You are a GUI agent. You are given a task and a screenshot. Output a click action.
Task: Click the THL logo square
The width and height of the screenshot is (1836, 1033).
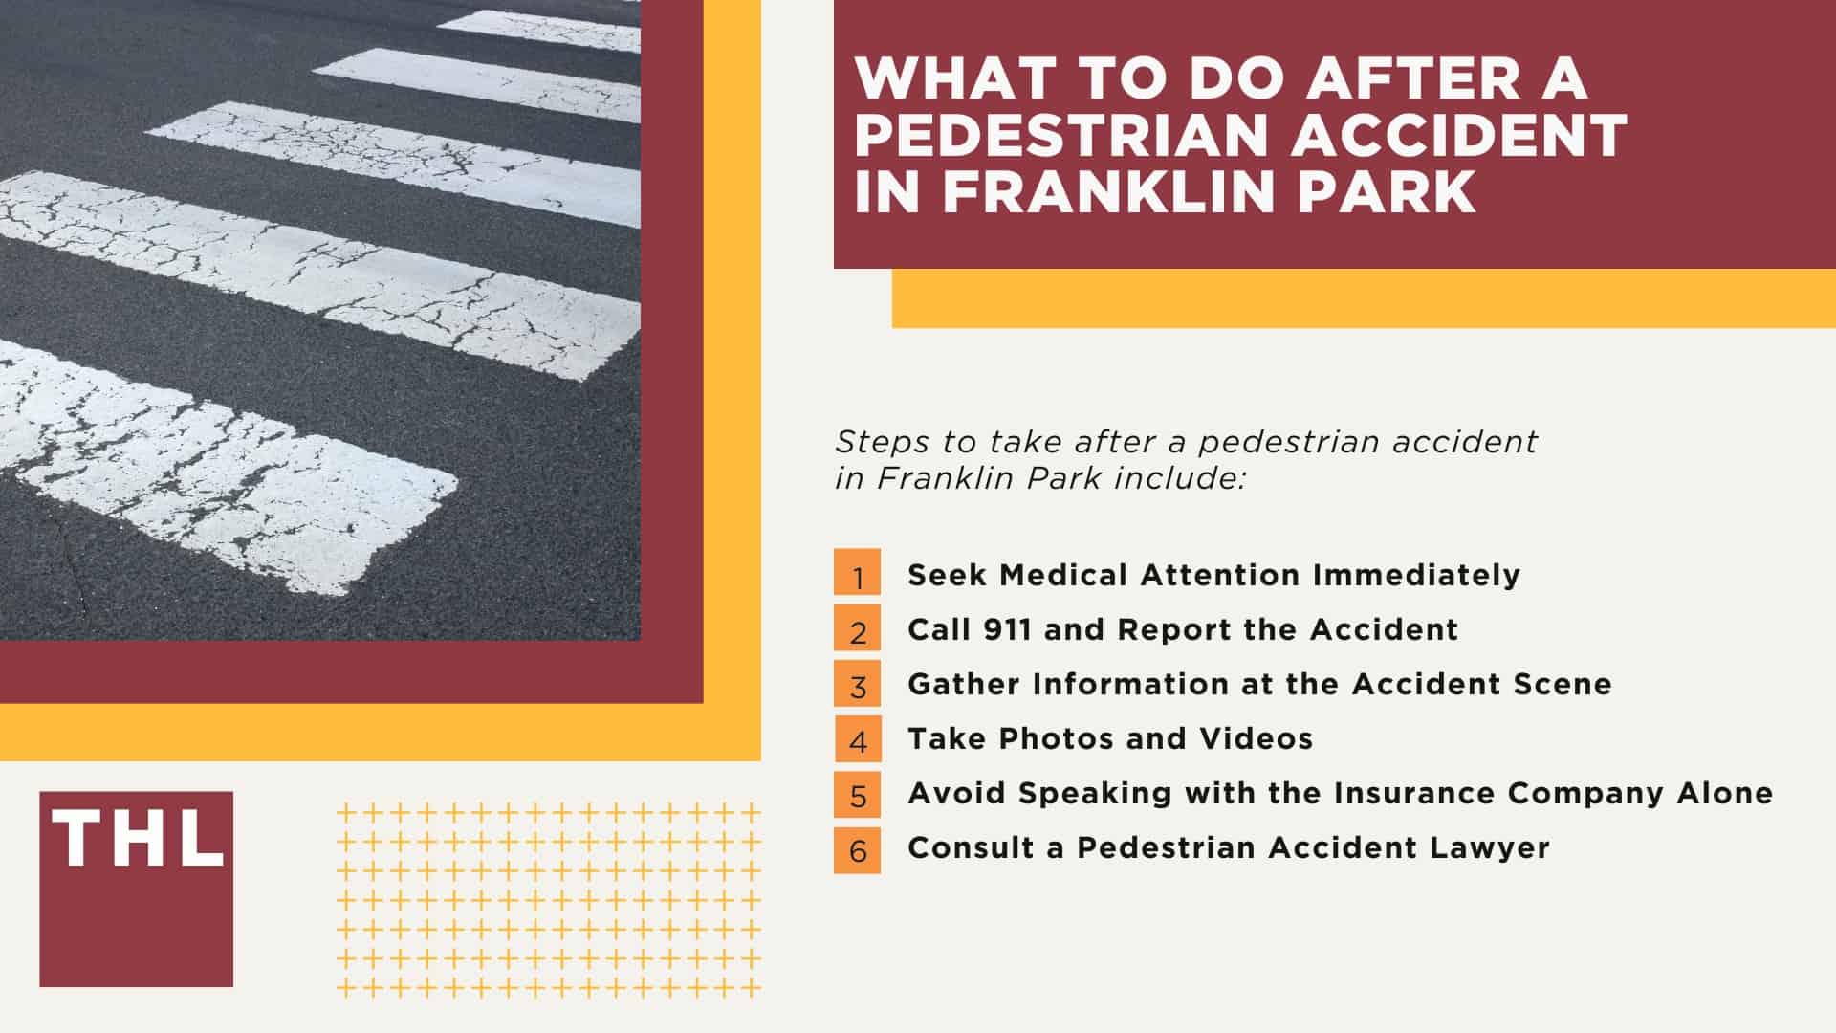coord(136,889)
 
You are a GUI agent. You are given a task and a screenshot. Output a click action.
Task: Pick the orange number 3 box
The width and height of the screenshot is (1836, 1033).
coord(857,685)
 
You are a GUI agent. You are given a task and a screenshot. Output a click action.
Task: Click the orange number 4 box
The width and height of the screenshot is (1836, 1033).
coord(857,739)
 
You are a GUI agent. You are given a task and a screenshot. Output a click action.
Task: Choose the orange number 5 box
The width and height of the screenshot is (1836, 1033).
coord(857,794)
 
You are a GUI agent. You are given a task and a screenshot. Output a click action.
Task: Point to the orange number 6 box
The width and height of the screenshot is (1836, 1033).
coord(857,848)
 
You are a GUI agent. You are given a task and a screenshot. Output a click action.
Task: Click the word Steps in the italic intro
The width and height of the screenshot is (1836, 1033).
coord(871,442)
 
